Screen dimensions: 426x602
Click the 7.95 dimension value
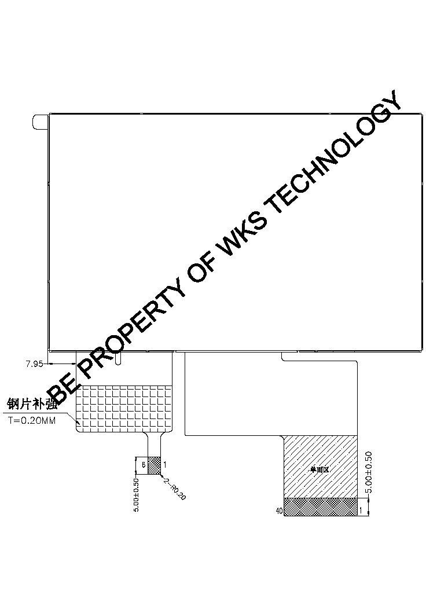click(35, 364)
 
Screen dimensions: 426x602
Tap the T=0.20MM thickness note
click(32, 421)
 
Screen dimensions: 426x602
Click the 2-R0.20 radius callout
click(175, 489)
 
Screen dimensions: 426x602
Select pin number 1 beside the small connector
click(165, 464)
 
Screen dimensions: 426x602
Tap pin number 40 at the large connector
click(279, 511)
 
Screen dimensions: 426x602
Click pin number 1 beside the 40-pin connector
click(362, 510)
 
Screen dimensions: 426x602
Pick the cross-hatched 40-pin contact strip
click(320, 506)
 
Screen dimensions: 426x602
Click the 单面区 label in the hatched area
click(319, 470)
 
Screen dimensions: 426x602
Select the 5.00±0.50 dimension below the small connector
click(137, 494)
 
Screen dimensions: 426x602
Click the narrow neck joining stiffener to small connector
click(154, 444)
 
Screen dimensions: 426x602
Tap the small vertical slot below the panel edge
click(119, 358)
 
